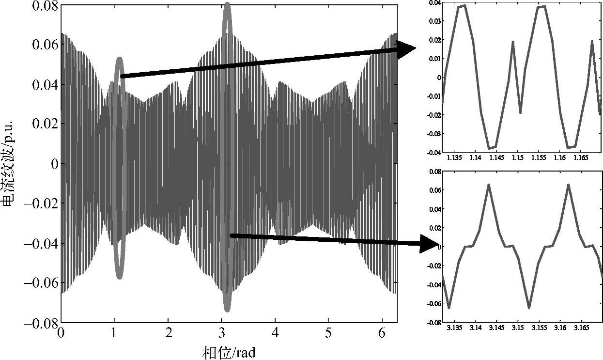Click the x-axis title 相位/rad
pos(228,352)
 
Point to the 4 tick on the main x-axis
pos(276,334)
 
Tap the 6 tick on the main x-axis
pos(383,334)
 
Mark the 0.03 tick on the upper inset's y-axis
pos(434,21)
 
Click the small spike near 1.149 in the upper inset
pos(512,42)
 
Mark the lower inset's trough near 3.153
pos(529,308)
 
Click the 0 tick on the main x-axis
pos(61,334)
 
